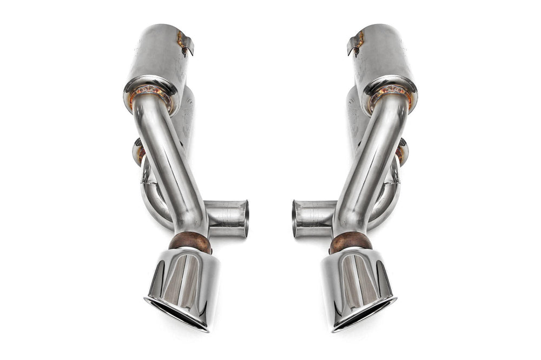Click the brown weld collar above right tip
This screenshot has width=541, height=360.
[x=351, y=243]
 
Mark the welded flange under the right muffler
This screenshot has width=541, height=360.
[x=391, y=95]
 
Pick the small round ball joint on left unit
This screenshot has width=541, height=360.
[x=138, y=151]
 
